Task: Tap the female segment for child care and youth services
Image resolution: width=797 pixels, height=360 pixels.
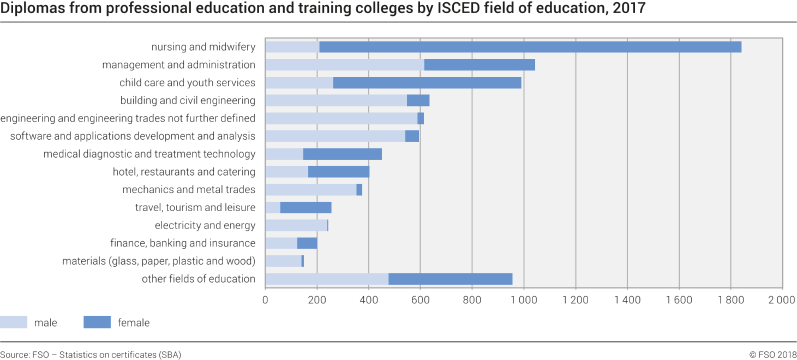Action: coord(627,82)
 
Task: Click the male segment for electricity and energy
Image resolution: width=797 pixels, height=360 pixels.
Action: coord(296,225)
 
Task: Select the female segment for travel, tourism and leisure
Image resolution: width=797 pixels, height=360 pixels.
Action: coord(306,207)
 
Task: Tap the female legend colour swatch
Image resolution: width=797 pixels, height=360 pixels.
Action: coord(97,321)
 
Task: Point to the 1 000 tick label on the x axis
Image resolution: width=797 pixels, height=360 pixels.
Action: coord(524,299)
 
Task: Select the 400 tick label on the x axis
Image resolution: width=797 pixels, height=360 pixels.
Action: coord(369,299)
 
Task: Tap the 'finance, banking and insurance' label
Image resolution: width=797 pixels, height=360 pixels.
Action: coord(183,243)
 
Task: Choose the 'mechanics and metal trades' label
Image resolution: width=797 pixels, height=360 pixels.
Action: coord(189,189)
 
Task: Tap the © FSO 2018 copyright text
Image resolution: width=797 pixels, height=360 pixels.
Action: coord(771,354)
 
